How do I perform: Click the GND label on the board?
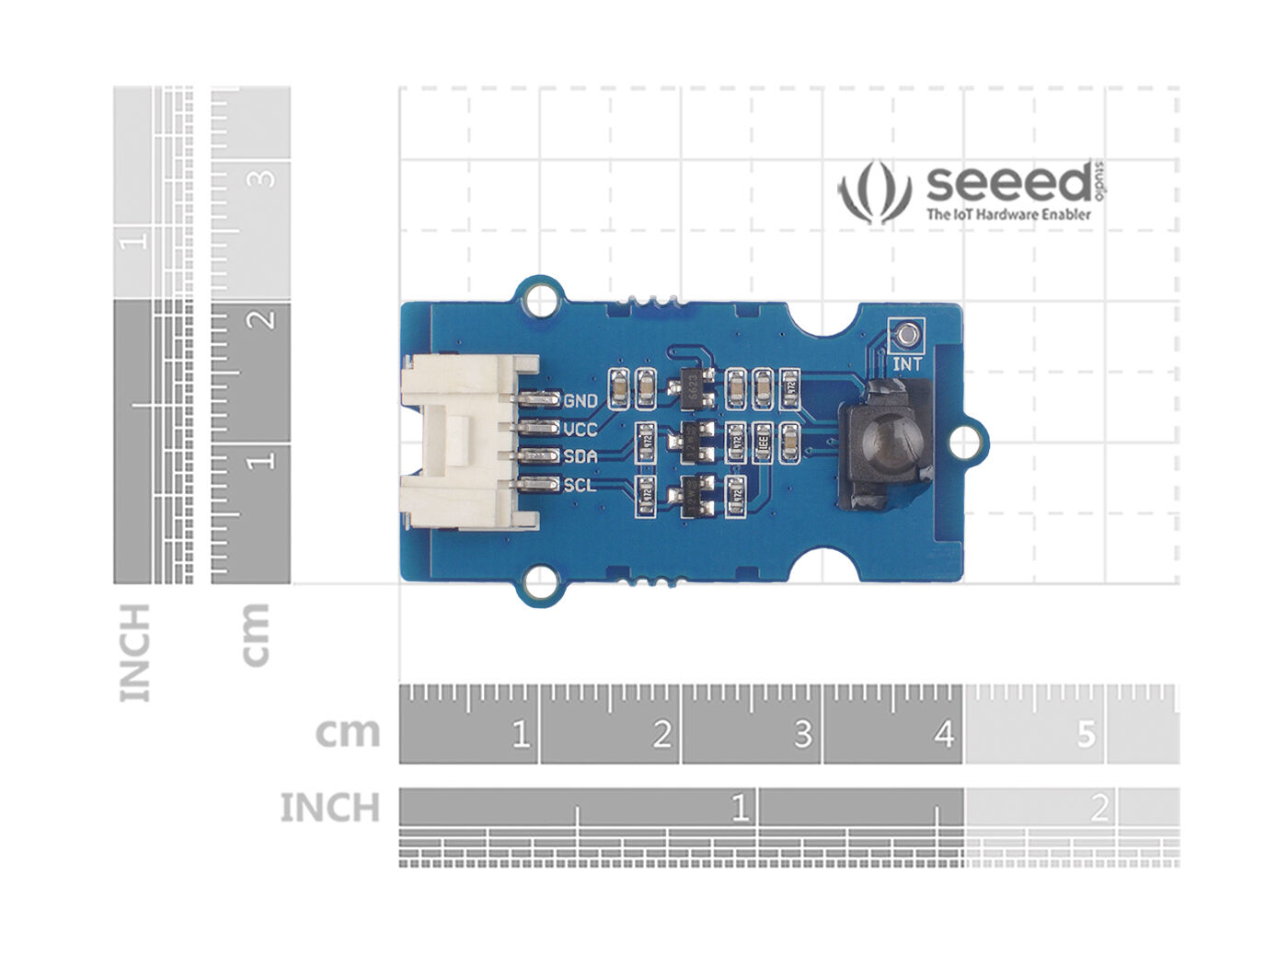coord(581,401)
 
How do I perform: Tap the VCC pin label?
coord(581,430)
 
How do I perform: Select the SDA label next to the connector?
coord(581,456)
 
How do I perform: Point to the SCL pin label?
coord(580,485)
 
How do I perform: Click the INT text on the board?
coord(907,364)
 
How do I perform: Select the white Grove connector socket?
coord(460,443)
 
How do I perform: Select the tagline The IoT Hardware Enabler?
coord(1008,214)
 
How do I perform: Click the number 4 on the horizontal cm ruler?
coord(944,734)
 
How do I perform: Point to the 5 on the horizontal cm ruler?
coord(1087,734)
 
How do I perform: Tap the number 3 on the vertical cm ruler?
coord(265,176)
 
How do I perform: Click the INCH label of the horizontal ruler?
coord(329,808)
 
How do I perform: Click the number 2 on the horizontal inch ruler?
coord(1098,809)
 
